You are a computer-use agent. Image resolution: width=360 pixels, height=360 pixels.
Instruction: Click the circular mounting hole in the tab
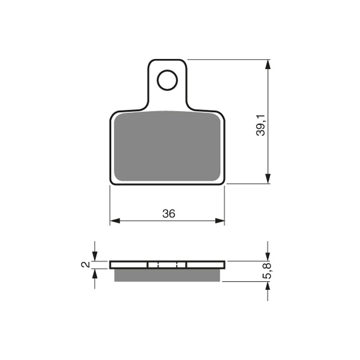pyautogui.click(x=167, y=70)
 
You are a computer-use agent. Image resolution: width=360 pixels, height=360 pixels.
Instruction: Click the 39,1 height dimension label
pyautogui.click(x=261, y=126)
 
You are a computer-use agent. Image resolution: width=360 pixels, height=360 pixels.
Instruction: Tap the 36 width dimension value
pyautogui.click(x=169, y=213)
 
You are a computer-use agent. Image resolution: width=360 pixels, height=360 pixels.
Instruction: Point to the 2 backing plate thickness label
pyautogui.click(x=85, y=265)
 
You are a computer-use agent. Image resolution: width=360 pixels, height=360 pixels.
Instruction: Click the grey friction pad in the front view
pyautogui.click(x=167, y=146)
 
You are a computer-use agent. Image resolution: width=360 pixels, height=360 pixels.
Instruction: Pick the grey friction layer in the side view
pyautogui.click(x=167, y=275)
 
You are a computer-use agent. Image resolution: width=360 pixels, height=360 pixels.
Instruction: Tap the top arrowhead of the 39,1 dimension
pyautogui.click(x=268, y=64)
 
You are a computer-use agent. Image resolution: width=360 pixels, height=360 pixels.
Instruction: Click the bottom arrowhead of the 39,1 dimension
pyautogui.click(x=268, y=179)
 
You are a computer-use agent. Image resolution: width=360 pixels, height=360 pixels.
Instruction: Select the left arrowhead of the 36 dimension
pyautogui.click(x=115, y=221)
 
